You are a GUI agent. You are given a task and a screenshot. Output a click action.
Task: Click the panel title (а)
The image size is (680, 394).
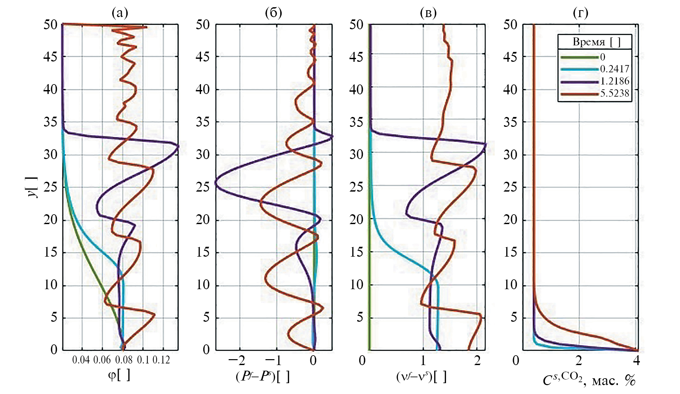point(120,13)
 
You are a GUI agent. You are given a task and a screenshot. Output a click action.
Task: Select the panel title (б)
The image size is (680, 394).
point(273,13)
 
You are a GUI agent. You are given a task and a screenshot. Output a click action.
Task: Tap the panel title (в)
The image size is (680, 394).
point(428,13)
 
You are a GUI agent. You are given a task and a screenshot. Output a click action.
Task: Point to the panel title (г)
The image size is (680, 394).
point(580,13)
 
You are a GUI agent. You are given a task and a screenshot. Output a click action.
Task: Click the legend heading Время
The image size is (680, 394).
point(589,42)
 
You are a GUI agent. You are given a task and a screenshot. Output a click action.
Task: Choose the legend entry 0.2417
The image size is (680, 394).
point(615,69)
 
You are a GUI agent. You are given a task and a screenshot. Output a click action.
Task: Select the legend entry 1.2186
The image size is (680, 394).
point(615,81)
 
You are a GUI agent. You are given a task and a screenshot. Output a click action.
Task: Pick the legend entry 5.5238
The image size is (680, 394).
point(615,93)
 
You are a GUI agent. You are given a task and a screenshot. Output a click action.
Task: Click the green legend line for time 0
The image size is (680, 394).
point(579,57)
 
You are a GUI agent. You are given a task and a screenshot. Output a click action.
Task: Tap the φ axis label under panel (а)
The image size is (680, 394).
point(119,375)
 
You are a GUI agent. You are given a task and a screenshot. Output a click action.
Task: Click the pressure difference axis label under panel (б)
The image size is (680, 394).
point(263,377)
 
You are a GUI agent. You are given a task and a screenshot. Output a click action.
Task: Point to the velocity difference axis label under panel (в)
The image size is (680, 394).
point(421,377)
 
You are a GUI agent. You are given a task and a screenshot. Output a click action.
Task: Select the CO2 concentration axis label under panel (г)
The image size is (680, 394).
point(589,380)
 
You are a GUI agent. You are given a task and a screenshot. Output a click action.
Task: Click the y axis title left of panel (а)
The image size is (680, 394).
point(32,187)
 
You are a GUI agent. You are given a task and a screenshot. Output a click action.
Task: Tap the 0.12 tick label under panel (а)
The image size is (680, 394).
point(161,360)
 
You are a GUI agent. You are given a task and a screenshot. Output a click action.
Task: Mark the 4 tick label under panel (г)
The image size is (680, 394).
point(636,360)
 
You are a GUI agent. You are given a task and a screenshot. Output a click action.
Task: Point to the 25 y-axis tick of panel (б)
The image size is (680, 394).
point(203,187)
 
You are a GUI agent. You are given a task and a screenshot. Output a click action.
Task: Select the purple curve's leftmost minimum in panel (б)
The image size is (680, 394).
point(216,183)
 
